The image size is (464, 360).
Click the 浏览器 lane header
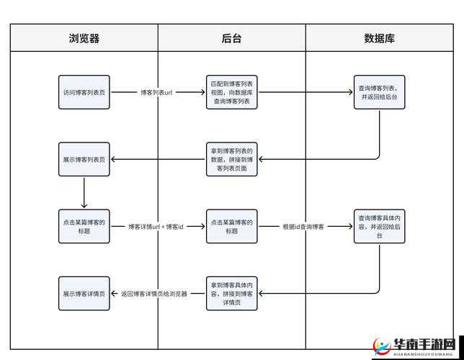click(84, 38)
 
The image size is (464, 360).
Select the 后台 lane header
click(232, 38)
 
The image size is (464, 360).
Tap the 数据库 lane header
click(380, 38)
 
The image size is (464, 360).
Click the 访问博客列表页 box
click(84, 92)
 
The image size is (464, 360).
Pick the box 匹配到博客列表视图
click(232, 92)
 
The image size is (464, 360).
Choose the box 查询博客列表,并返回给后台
click(380, 92)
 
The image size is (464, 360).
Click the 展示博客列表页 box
click(84, 159)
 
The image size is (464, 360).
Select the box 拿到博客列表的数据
click(232, 159)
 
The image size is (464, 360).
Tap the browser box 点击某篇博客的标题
click(84, 226)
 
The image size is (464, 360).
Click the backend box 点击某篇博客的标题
click(232, 226)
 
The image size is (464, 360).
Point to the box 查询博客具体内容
click(380, 226)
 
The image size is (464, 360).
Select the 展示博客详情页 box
click(84, 294)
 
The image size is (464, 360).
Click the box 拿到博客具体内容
click(232, 294)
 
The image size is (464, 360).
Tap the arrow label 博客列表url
click(157, 93)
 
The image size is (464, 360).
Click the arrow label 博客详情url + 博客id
click(156, 227)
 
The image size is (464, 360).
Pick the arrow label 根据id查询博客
click(303, 227)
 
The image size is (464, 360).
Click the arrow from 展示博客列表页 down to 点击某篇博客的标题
click(84, 192)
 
